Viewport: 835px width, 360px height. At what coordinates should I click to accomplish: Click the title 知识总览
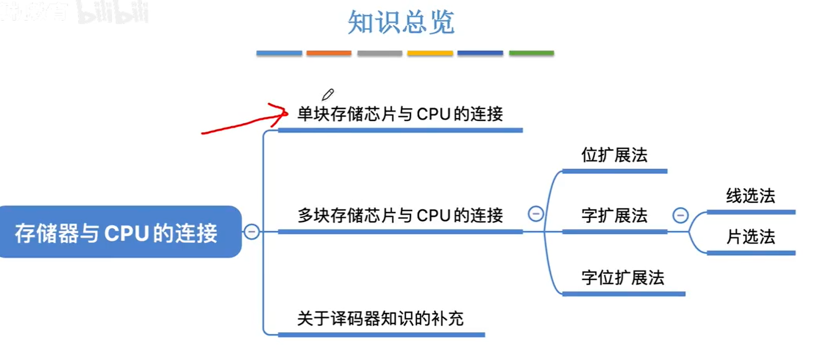click(x=401, y=23)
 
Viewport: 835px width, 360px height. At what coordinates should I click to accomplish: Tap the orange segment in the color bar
click(x=329, y=53)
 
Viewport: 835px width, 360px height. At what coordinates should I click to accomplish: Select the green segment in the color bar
click(x=531, y=53)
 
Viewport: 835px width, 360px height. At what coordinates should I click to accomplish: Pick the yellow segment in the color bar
click(x=430, y=53)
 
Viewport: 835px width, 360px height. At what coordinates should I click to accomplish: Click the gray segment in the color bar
click(x=379, y=53)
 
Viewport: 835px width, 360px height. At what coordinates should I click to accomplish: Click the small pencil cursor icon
click(x=328, y=94)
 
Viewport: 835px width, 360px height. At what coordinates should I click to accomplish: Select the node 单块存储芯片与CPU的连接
click(x=400, y=114)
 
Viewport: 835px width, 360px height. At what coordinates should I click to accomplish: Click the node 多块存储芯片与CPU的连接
click(x=400, y=216)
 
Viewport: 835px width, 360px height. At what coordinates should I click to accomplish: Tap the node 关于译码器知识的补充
click(x=380, y=318)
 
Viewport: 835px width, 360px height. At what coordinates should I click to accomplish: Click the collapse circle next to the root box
click(x=252, y=231)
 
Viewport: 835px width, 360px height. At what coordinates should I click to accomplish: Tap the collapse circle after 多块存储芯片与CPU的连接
click(x=535, y=214)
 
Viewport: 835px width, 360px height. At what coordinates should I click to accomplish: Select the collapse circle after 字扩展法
click(x=680, y=215)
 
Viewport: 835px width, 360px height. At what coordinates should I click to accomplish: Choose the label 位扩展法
click(x=614, y=155)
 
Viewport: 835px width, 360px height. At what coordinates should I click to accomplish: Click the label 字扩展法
click(x=614, y=216)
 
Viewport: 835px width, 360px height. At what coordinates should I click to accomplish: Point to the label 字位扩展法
click(x=622, y=278)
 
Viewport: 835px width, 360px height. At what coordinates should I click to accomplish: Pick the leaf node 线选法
click(x=750, y=196)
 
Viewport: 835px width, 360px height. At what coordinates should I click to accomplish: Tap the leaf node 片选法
click(x=750, y=237)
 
